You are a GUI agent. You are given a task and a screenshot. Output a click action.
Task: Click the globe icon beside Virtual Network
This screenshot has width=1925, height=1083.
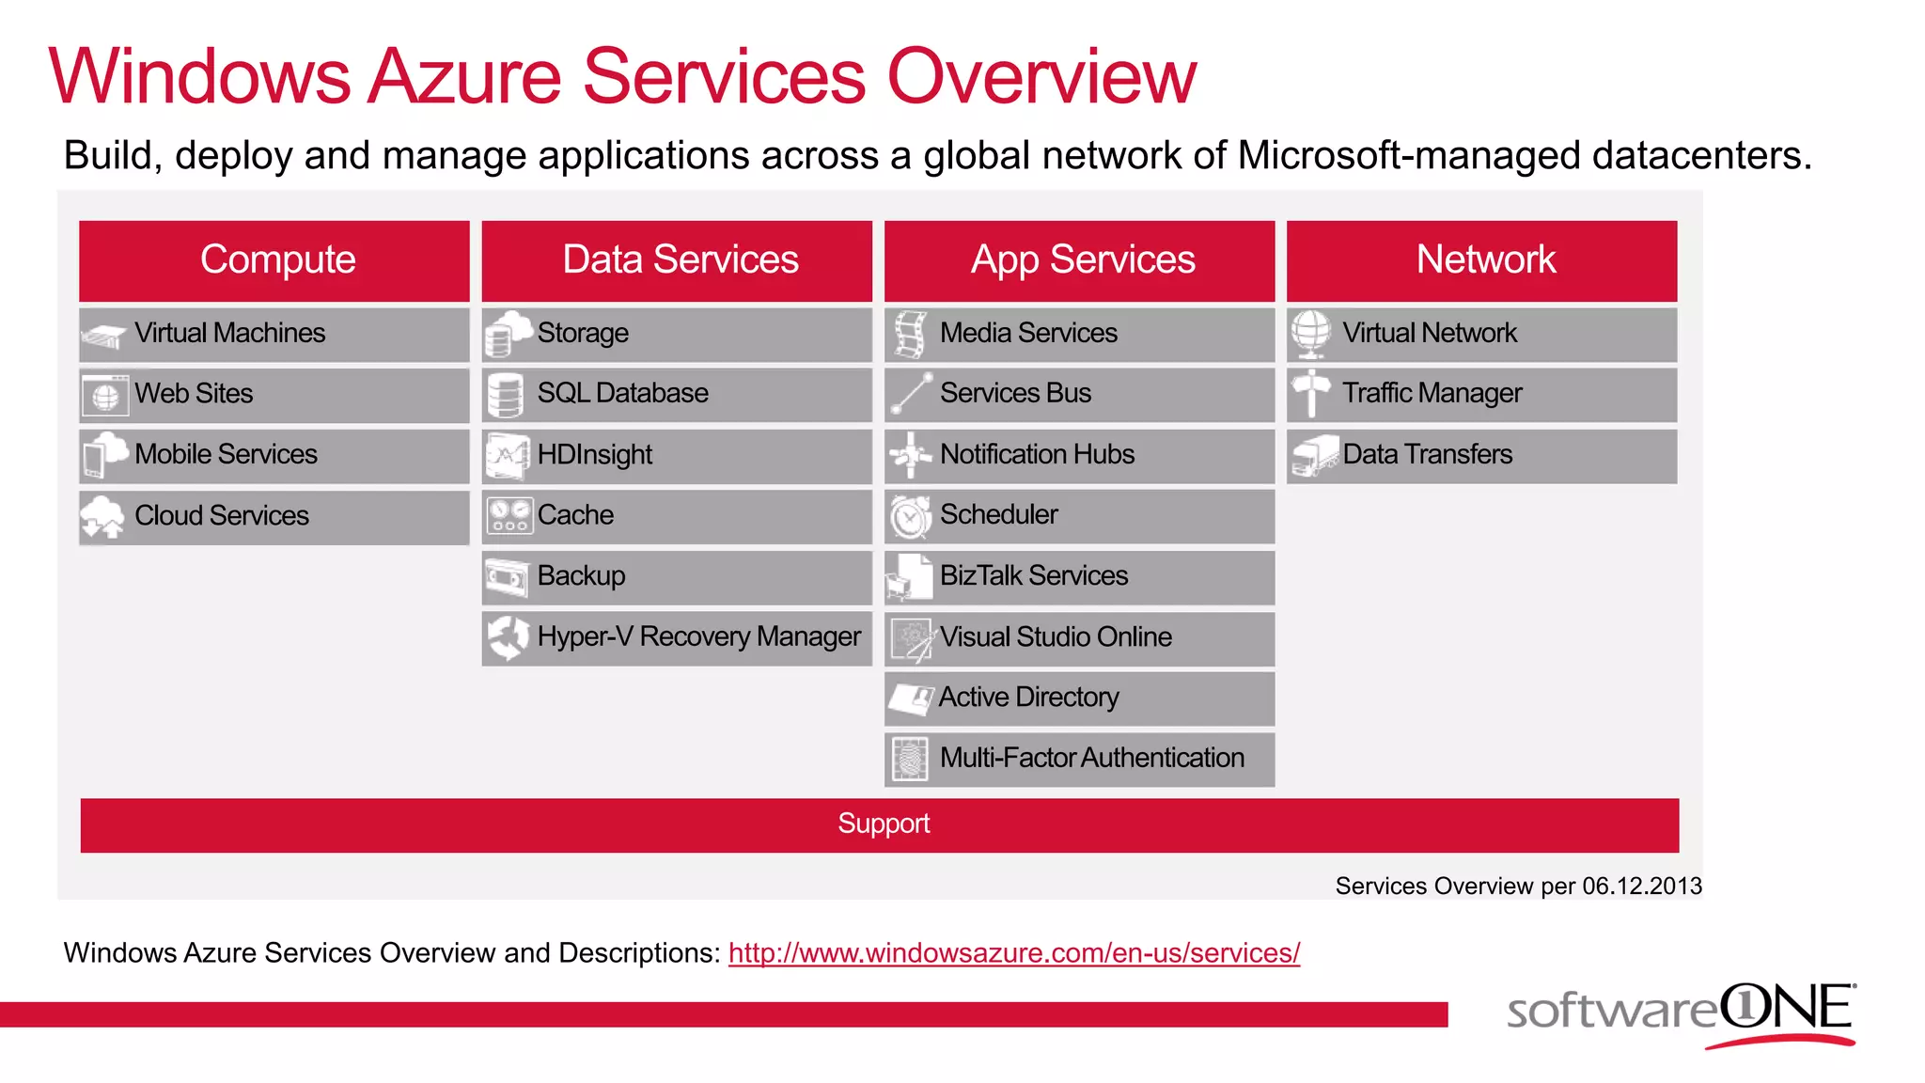point(1310,334)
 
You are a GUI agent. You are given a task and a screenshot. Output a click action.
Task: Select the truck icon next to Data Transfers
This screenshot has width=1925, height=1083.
point(1314,456)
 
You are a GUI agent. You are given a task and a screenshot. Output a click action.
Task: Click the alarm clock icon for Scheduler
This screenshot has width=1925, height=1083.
point(910,516)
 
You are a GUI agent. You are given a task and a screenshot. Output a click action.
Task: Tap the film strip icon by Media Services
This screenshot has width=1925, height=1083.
point(910,334)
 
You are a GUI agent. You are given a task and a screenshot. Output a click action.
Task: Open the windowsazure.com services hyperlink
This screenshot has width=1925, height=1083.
point(1013,953)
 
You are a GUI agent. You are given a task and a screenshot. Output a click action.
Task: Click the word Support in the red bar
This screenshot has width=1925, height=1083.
point(884,824)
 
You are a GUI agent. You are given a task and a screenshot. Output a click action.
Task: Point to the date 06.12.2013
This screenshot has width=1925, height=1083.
point(1641,887)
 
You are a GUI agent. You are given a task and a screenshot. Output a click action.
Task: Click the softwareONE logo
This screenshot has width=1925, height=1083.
point(1681,1013)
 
